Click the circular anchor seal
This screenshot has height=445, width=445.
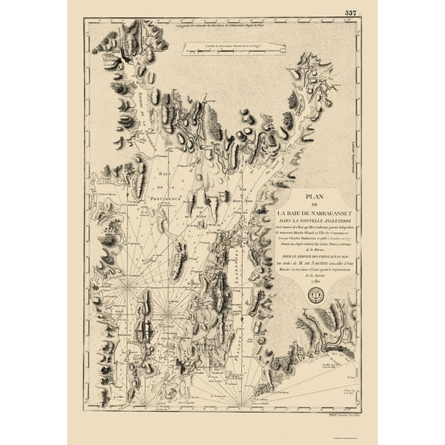tap(315, 295)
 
